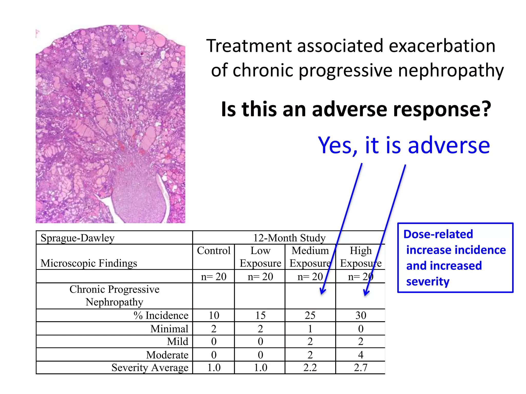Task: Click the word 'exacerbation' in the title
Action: point(442,46)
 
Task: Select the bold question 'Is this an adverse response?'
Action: point(356,109)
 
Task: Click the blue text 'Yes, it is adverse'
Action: point(404,145)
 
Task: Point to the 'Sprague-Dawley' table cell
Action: point(77,238)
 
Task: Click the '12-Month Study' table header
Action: point(289,238)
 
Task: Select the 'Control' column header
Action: point(214,251)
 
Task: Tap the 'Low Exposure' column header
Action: point(260,257)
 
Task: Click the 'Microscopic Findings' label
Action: point(89,263)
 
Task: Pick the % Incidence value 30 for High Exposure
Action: point(361,316)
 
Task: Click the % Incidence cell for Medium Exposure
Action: point(310,316)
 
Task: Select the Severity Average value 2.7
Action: point(361,368)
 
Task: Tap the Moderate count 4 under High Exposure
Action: point(361,355)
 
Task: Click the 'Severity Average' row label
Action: point(150,368)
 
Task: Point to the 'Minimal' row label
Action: point(169,329)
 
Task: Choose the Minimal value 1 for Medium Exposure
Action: point(310,329)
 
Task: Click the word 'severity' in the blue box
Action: point(428,282)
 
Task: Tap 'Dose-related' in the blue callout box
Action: point(438,234)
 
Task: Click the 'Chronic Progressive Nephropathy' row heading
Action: point(114,296)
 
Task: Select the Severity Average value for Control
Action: point(214,368)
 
